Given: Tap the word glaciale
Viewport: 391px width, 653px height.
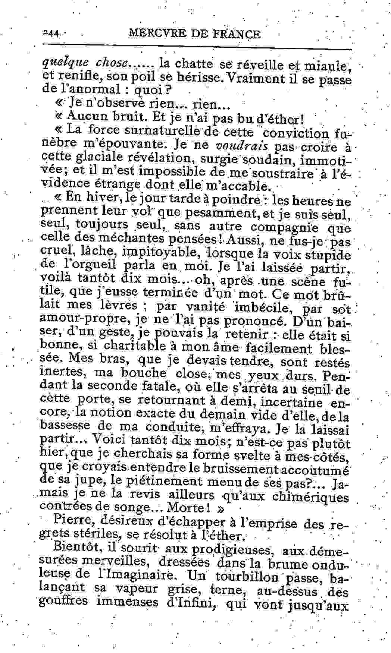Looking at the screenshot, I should [101, 158].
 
